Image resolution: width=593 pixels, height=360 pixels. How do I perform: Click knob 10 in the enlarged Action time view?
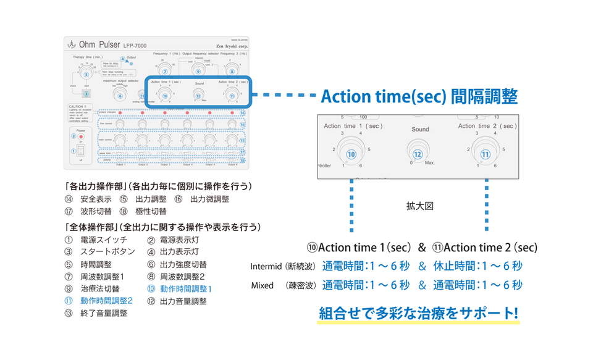tap(351, 154)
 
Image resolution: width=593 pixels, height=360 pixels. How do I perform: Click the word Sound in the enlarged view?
tap(420, 129)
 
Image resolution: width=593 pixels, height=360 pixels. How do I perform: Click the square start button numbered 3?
tap(87, 94)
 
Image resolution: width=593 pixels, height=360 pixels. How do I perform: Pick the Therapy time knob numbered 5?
tap(87, 75)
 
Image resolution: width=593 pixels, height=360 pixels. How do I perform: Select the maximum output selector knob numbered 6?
tap(120, 95)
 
